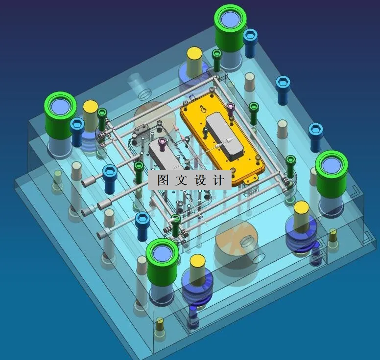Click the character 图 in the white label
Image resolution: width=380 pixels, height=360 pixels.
click(163, 180)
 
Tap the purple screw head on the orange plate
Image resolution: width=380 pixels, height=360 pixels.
click(231, 106)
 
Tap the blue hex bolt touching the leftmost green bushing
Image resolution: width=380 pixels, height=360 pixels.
click(77, 128)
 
